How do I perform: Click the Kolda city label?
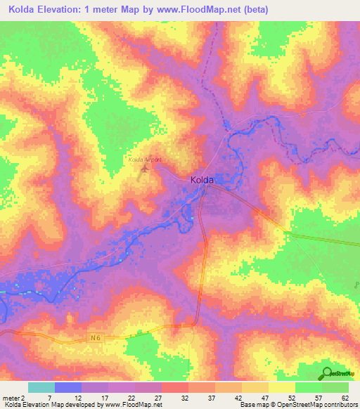pos(202,180)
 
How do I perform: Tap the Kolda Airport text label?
pos(145,160)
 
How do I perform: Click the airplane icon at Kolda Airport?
pos(146,168)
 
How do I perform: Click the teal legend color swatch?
pos(41,387)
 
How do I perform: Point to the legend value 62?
pos(345,397)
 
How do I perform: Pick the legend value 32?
pos(185,397)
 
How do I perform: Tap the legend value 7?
pos(49,397)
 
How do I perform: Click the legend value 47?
pos(265,397)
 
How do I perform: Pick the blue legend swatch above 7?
pos(68,387)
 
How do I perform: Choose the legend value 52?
pos(292,397)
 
